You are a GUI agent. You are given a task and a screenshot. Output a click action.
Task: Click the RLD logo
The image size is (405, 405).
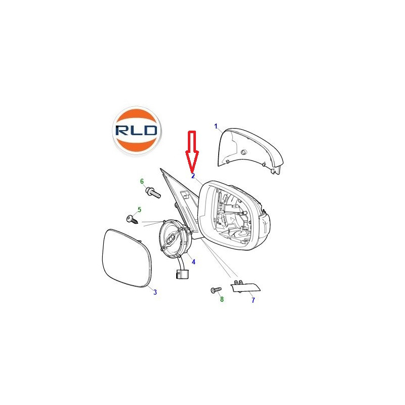[x=137, y=131]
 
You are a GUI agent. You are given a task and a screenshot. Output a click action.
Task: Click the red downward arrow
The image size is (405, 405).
[x=192, y=151]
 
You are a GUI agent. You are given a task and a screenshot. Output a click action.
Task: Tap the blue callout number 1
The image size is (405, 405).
[x=216, y=126]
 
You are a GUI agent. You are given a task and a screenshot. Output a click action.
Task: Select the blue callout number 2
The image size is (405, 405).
[x=193, y=176]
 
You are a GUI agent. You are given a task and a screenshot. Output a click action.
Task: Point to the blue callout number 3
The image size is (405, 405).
[x=155, y=292]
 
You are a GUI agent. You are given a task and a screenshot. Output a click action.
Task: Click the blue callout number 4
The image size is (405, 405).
[x=193, y=262]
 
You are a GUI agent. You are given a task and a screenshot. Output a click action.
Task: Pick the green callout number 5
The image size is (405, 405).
[x=140, y=210]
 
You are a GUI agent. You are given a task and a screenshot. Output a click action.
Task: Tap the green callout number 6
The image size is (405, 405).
[x=142, y=181]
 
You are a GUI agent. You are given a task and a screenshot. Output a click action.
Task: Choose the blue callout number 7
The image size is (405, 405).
[x=253, y=300]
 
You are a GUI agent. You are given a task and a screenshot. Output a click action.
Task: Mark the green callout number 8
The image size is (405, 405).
[x=222, y=299]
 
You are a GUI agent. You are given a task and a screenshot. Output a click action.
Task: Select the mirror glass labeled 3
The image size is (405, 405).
[x=127, y=258]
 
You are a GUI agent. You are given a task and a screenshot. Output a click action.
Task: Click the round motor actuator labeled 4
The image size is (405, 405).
[x=175, y=238]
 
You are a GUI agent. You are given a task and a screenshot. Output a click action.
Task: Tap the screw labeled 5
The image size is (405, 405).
[x=132, y=220]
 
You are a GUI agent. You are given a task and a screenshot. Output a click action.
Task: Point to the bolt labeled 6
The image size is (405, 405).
[x=153, y=192]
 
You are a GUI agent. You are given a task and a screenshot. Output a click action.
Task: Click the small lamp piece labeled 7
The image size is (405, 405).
[x=245, y=287]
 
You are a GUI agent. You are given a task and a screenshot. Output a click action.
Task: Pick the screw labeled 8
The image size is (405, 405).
[x=216, y=290]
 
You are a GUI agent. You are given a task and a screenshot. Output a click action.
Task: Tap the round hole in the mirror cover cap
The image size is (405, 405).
[x=243, y=152]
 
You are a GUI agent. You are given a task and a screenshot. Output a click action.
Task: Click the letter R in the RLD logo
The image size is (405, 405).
[x=121, y=131]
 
